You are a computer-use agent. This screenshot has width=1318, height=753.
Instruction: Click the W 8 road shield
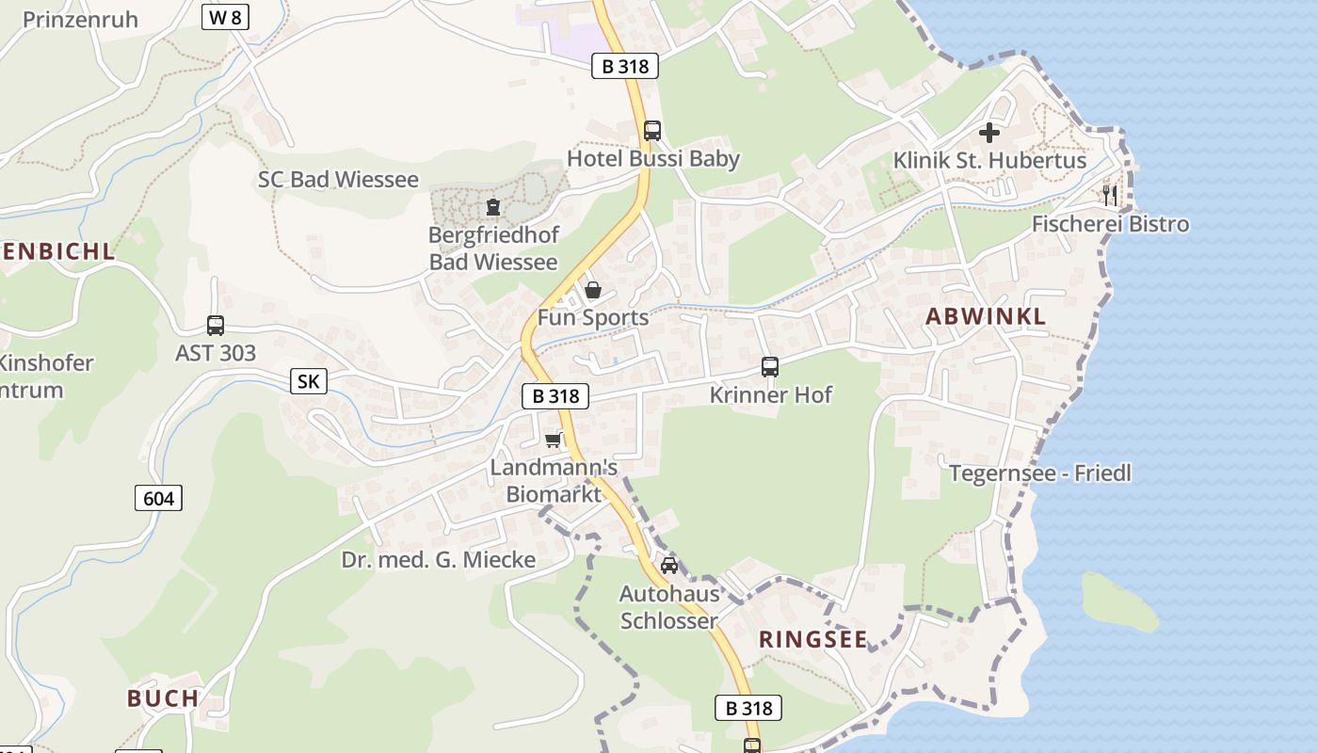[225, 17]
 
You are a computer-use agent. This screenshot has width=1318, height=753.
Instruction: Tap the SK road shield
[308, 381]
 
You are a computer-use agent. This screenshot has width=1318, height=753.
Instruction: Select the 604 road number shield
[158, 498]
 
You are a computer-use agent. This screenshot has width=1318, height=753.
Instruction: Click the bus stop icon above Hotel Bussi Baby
[651, 131]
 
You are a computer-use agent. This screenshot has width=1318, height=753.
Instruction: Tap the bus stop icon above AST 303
[216, 326]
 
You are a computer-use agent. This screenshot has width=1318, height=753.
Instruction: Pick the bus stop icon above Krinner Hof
[770, 367]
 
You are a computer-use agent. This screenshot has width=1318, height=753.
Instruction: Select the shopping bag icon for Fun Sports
[593, 290]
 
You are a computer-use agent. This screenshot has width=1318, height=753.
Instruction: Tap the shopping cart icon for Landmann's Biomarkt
[553, 440]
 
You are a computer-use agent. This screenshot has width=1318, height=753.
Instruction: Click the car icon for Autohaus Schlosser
[668, 566]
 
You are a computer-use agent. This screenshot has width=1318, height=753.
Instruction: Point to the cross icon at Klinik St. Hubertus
[989, 133]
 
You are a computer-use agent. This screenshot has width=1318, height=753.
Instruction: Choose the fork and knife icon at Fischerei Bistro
[1111, 195]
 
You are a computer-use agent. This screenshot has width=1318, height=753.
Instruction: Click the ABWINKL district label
[985, 317]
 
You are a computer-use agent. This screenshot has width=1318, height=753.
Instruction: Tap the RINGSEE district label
[813, 640]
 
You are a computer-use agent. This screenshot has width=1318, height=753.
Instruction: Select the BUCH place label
[163, 698]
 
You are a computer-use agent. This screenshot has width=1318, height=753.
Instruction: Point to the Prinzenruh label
[80, 20]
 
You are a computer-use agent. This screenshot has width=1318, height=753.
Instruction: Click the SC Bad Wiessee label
[338, 180]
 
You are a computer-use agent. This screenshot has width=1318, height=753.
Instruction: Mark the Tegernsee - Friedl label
[1039, 473]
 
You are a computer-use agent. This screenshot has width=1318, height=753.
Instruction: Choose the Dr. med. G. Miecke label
[438, 560]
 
